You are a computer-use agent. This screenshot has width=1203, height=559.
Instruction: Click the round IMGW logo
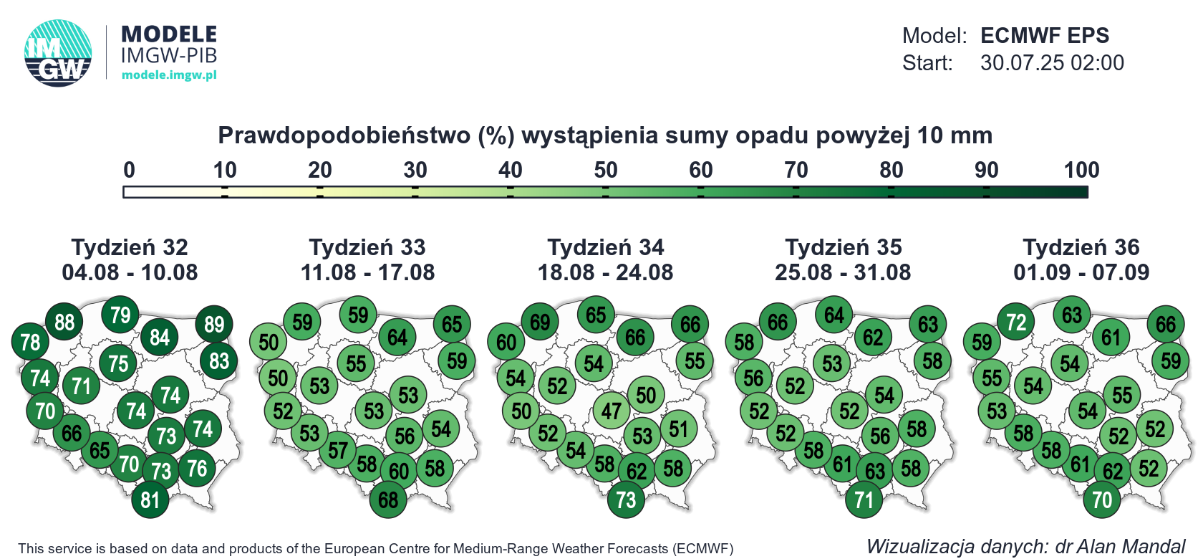coord(58,53)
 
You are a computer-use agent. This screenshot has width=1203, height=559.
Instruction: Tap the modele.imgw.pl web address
coord(169,75)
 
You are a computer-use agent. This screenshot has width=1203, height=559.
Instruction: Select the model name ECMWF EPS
coord(1045,36)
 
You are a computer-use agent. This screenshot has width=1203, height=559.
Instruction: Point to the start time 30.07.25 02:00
coord(1052,63)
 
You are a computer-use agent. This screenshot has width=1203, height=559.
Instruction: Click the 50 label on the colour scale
coord(605,171)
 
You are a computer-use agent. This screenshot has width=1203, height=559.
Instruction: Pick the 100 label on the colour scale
coord(1081,171)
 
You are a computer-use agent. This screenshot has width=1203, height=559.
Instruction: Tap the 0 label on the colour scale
coord(129,171)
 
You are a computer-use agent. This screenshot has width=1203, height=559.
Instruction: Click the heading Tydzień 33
coord(367,248)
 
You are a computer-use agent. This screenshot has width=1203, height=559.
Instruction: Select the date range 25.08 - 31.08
coord(843,272)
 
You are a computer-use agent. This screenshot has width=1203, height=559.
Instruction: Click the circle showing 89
coord(213,324)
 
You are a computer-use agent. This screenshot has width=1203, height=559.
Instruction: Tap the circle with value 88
coord(64,322)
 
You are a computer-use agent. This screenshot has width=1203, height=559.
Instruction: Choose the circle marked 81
coord(150,500)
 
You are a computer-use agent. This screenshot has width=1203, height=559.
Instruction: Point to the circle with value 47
coord(612,411)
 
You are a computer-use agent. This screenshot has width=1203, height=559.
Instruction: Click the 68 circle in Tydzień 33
coord(388,500)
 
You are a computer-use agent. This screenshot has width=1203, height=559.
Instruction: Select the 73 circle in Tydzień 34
coord(626,500)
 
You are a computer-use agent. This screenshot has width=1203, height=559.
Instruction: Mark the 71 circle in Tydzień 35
coord(864,500)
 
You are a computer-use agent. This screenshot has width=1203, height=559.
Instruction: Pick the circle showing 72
coord(1015,322)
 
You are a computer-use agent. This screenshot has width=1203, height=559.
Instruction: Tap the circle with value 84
coord(160,338)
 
